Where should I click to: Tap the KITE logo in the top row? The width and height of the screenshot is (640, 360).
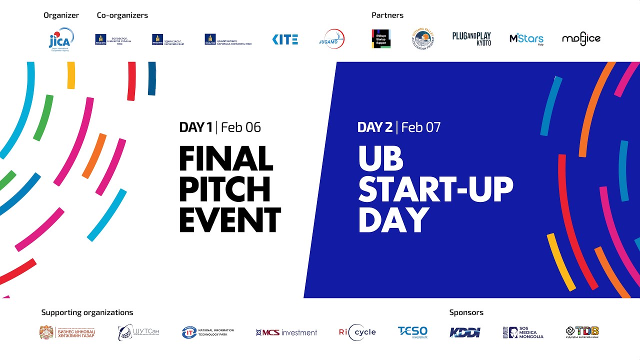285,39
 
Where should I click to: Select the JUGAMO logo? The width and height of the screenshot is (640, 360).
331,39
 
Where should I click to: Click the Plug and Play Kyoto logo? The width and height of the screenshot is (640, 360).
471,38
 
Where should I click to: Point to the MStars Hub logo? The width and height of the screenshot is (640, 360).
526,39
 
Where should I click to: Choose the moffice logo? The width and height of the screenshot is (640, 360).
581,39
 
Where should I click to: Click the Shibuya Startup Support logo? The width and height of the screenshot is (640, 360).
381,38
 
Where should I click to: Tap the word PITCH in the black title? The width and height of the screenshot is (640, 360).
224,189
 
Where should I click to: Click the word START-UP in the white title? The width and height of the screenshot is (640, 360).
435,189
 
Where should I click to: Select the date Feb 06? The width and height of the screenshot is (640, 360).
241,127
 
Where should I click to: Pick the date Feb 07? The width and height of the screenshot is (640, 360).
421,127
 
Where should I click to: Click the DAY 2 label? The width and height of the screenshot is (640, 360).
375,127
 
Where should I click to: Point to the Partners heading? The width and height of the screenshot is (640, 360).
387,15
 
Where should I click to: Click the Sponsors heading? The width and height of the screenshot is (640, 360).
466,312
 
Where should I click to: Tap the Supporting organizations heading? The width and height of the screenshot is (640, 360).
87,312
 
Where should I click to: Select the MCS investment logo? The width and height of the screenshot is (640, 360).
286,332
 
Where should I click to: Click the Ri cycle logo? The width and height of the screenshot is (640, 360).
357,332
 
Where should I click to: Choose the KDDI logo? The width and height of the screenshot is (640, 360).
464,332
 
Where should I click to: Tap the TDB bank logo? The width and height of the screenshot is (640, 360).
582,332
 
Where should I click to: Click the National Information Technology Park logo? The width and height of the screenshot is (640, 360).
207,332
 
